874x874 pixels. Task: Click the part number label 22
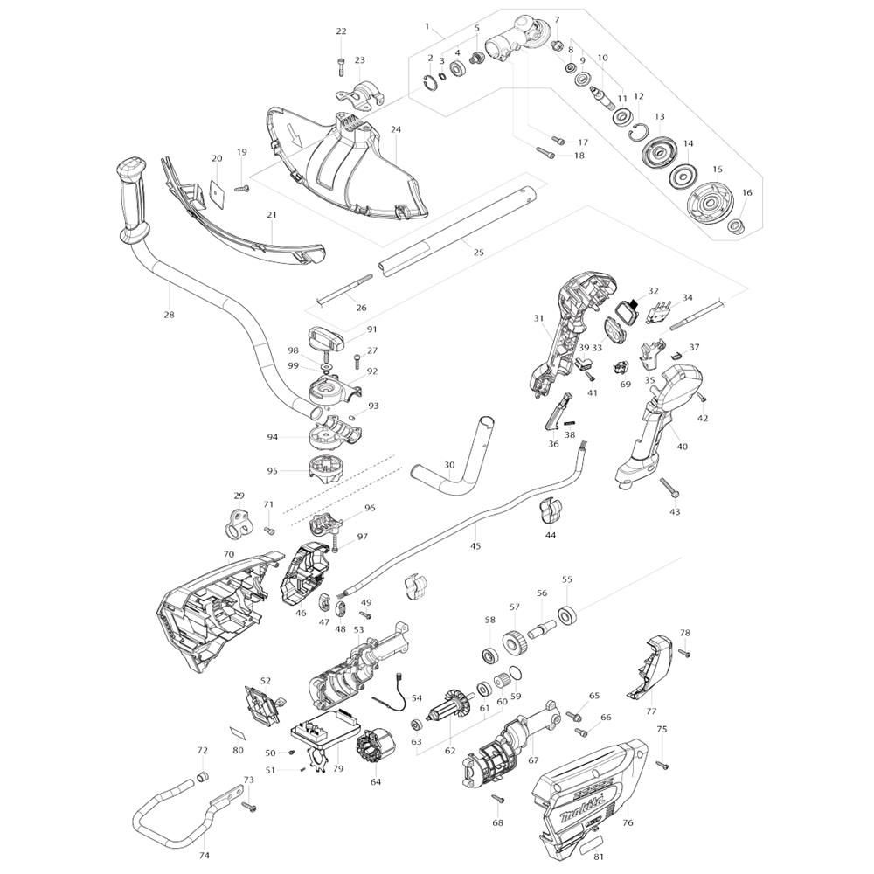click(x=341, y=31)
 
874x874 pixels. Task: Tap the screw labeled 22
click(x=341, y=66)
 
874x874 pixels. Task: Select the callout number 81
click(x=600, y=857)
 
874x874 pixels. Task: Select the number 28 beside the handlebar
click(x=169, y=315)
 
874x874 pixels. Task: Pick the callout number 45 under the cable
click(x=475, y=546)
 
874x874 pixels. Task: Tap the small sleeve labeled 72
click(x=203, y=776)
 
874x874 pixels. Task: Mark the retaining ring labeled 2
click(x=430, y=81)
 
